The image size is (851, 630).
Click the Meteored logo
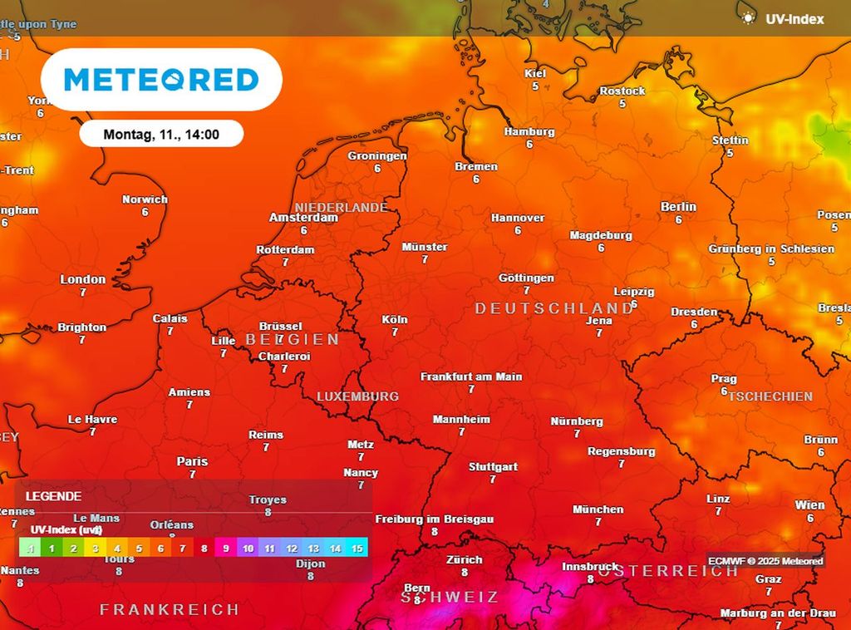[161, 80]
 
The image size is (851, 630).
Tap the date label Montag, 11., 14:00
[161, 134]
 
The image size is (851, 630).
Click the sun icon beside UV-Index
[749, 17]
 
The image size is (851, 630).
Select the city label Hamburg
[529, 132]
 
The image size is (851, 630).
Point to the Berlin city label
[678, 207]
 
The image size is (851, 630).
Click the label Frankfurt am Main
[471, 377]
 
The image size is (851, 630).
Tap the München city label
[598, 509]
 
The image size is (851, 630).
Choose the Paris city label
[192, 461]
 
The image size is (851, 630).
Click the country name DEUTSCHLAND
[553, 308]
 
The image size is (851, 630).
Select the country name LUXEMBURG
[357, 396]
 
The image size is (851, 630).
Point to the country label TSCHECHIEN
[770, 396]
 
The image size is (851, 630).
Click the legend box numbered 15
[357, 549]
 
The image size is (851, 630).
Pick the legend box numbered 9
[226, 549]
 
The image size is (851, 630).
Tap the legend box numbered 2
[73, 549]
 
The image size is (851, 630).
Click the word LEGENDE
[53, 496]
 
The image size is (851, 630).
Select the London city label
[83, 280]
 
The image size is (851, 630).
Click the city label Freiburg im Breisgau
[434, 519]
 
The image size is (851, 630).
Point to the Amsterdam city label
[303, 218]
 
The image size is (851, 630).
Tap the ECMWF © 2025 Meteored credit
[765, 561]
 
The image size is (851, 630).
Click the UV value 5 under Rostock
[622, 104]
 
